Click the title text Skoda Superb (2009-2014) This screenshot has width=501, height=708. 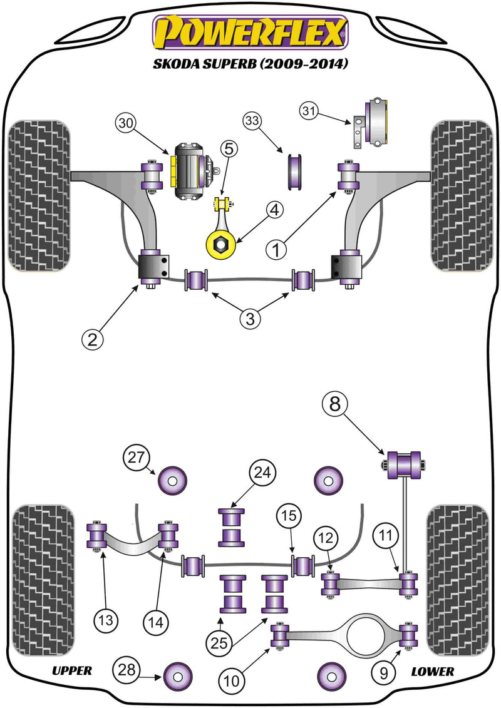pyautogui.click(x=250, y=64)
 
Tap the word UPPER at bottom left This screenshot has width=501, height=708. pyautogui.click(x=72, y=670)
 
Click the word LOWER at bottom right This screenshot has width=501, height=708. pyautogui.click(x=432, y=670)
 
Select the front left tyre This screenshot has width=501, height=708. pyautogui.click(x=39, y=195)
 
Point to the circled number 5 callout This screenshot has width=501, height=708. pyautogui.click(x=229, y=149)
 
